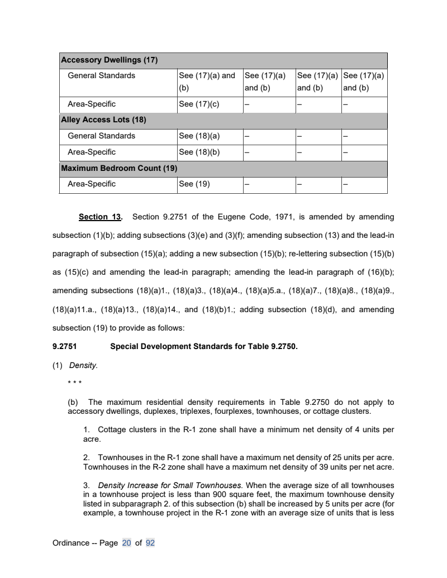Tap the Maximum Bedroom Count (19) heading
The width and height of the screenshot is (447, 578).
119,168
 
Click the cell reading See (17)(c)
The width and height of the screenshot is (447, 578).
194,104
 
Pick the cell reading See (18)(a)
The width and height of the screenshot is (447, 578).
194,136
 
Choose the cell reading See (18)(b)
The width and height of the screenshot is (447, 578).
194,152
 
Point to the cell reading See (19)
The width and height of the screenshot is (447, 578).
189,184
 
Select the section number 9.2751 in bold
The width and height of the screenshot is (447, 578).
64,346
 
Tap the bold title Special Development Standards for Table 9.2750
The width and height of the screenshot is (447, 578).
204,346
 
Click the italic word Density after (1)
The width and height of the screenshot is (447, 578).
83,366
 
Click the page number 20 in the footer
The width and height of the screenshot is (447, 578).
126,542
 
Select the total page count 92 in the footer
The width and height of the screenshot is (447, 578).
150,542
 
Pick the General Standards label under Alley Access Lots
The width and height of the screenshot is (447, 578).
101,136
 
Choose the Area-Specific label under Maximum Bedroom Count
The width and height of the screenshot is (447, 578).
92,184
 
